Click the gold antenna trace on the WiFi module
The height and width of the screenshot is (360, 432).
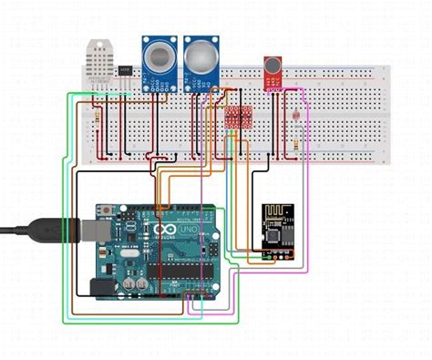[273, 212]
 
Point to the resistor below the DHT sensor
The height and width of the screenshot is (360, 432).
[98, 118]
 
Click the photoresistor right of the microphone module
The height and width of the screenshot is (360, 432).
[296, 116]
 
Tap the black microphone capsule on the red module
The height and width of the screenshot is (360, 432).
[272, 64]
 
